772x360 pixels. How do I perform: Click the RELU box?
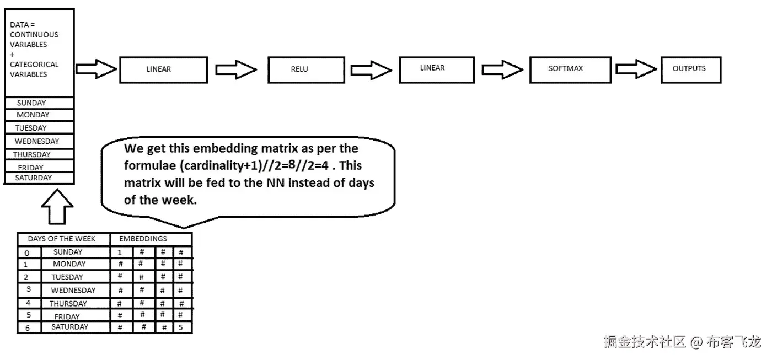tap(306, 69)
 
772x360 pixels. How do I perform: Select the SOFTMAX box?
tap(570, 69)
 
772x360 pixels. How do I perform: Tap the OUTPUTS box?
tap(690, 69)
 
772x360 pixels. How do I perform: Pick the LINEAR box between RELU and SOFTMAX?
tap(436, 68)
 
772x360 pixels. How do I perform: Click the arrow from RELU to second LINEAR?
tap(371, 69)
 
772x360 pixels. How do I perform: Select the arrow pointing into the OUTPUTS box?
tap(636, 69)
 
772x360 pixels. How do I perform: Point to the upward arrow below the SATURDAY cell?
tap(57, 208)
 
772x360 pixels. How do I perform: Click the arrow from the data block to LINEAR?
tap(96, 69)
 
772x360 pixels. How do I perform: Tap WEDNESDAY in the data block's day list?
tap(37, 141)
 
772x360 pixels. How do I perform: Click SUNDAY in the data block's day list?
tap(32, 103)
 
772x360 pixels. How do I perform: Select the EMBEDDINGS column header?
tap(143, 239)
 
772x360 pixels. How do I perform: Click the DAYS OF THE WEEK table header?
tap(61, 239)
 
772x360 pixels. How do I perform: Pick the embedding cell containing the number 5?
tap(181, 327)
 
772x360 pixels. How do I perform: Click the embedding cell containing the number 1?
tap(120, 252)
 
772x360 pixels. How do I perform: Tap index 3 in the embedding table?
tap(28, 289)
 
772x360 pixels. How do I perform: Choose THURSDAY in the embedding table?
tap(68, 303)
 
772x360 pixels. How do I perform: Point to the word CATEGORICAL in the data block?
tap(34, 65)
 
